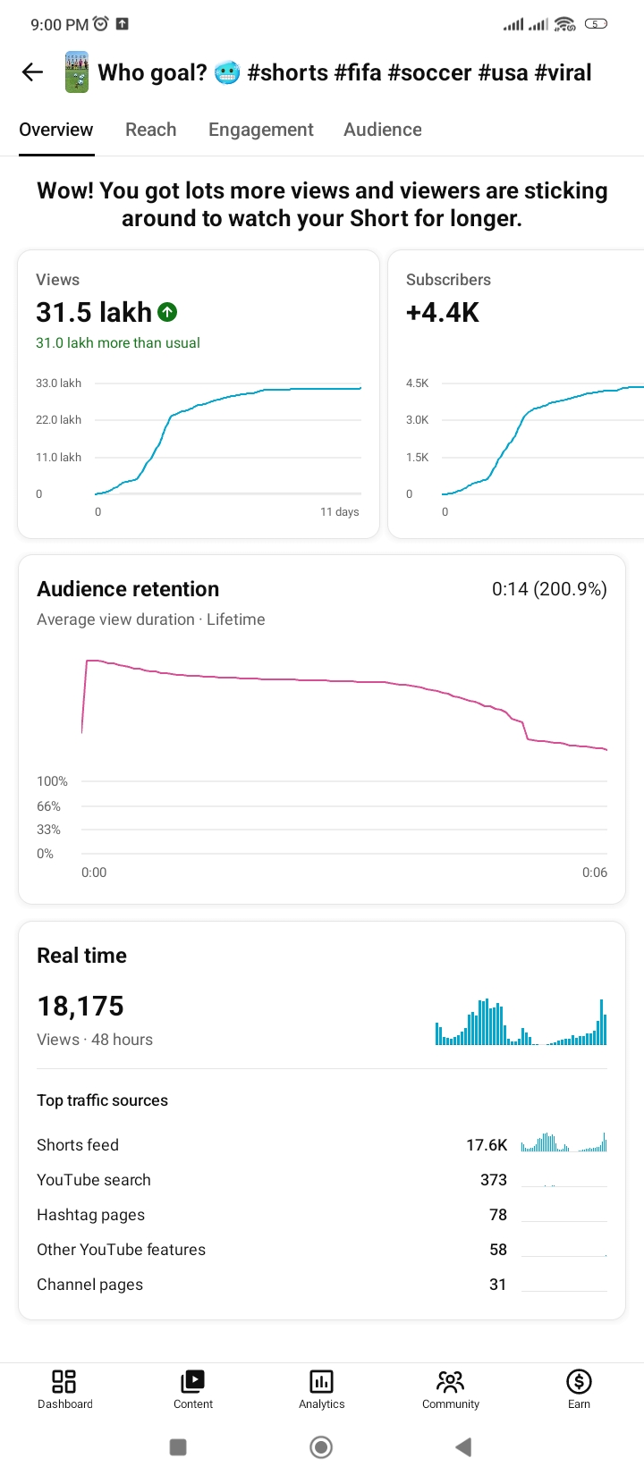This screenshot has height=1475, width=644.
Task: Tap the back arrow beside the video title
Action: pyautogui.click(x=32, y=72)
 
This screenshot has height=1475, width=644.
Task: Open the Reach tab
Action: pyautogui.click(x=151, y=130)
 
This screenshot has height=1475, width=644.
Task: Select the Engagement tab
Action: pyautogui.click(x=261, y=130)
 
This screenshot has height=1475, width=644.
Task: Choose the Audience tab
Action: pyautogui.click(x=382, y=130)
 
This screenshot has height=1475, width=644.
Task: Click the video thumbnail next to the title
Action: pyautogui.click(x=76, y=72)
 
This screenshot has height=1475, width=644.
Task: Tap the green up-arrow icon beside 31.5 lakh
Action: pyautogui.click(x=167, y=312)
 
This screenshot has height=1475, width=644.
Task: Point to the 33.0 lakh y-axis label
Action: pyautogui.click(x=59, y=383)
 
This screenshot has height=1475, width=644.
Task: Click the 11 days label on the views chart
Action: pyautogui.click(x=340, y=511)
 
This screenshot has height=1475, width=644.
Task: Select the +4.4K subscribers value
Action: pyautogui.click(x=442, y=312)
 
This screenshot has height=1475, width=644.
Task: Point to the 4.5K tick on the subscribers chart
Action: pyautogui.click(x=417, y=383)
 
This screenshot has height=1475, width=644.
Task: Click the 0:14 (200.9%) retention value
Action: pyautogui.click(x=549, y=589)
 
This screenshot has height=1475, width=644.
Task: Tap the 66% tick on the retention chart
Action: pyautogui.click(x=49, y=806)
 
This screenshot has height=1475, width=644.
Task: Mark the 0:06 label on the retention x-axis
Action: pyautogui.click(x=595, y=872)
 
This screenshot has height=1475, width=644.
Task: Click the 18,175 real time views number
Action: pyautogui.click(x=80, y=1007)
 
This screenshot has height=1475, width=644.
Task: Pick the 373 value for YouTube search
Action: pyautogui.click(x=494, y=1180)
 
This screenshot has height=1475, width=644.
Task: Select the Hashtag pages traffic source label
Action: pyautogui.click(x=91, y=1215)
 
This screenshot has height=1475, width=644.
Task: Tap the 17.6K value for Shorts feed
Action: pyautogui.click(x=487, y=1145)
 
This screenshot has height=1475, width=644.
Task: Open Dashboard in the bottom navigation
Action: pyautogui.click(x=64, y=1389)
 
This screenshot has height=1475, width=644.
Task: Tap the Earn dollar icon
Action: pyautogui.click(x=579, y=1381)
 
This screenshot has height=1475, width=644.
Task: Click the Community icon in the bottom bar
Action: pyautogui.click(x=451, y=1381)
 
